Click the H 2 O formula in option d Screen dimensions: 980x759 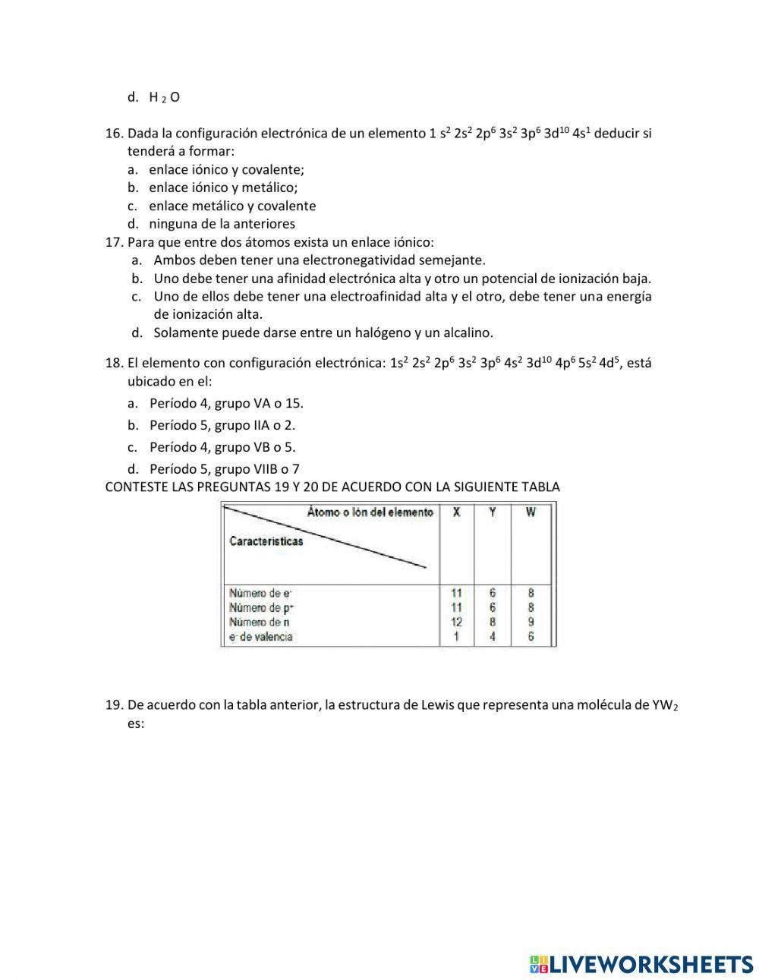click(164, 97)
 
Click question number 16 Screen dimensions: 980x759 click(114, 134)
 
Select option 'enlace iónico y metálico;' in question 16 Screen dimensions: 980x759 click(223, 187)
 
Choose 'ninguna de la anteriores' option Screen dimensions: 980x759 click(222, 224)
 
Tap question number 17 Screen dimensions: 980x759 click(114, 242)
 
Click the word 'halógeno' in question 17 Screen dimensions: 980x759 click(384, 332)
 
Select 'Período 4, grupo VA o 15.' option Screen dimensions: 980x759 click(226, 403)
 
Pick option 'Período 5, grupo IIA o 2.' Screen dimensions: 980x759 click(222, 425)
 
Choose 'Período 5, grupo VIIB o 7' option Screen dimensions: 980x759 click(224, 469)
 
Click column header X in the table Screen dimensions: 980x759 click(456, 512)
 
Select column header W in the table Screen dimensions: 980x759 click(530, 512)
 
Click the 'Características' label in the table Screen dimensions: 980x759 click(266, 541)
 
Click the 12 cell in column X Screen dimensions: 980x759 click(456, 622)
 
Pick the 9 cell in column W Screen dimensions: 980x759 click(531, 622)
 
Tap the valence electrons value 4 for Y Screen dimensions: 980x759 click(493, 637)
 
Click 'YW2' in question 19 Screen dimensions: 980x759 click(665, 705)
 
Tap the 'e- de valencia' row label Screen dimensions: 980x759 click(261, 637)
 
